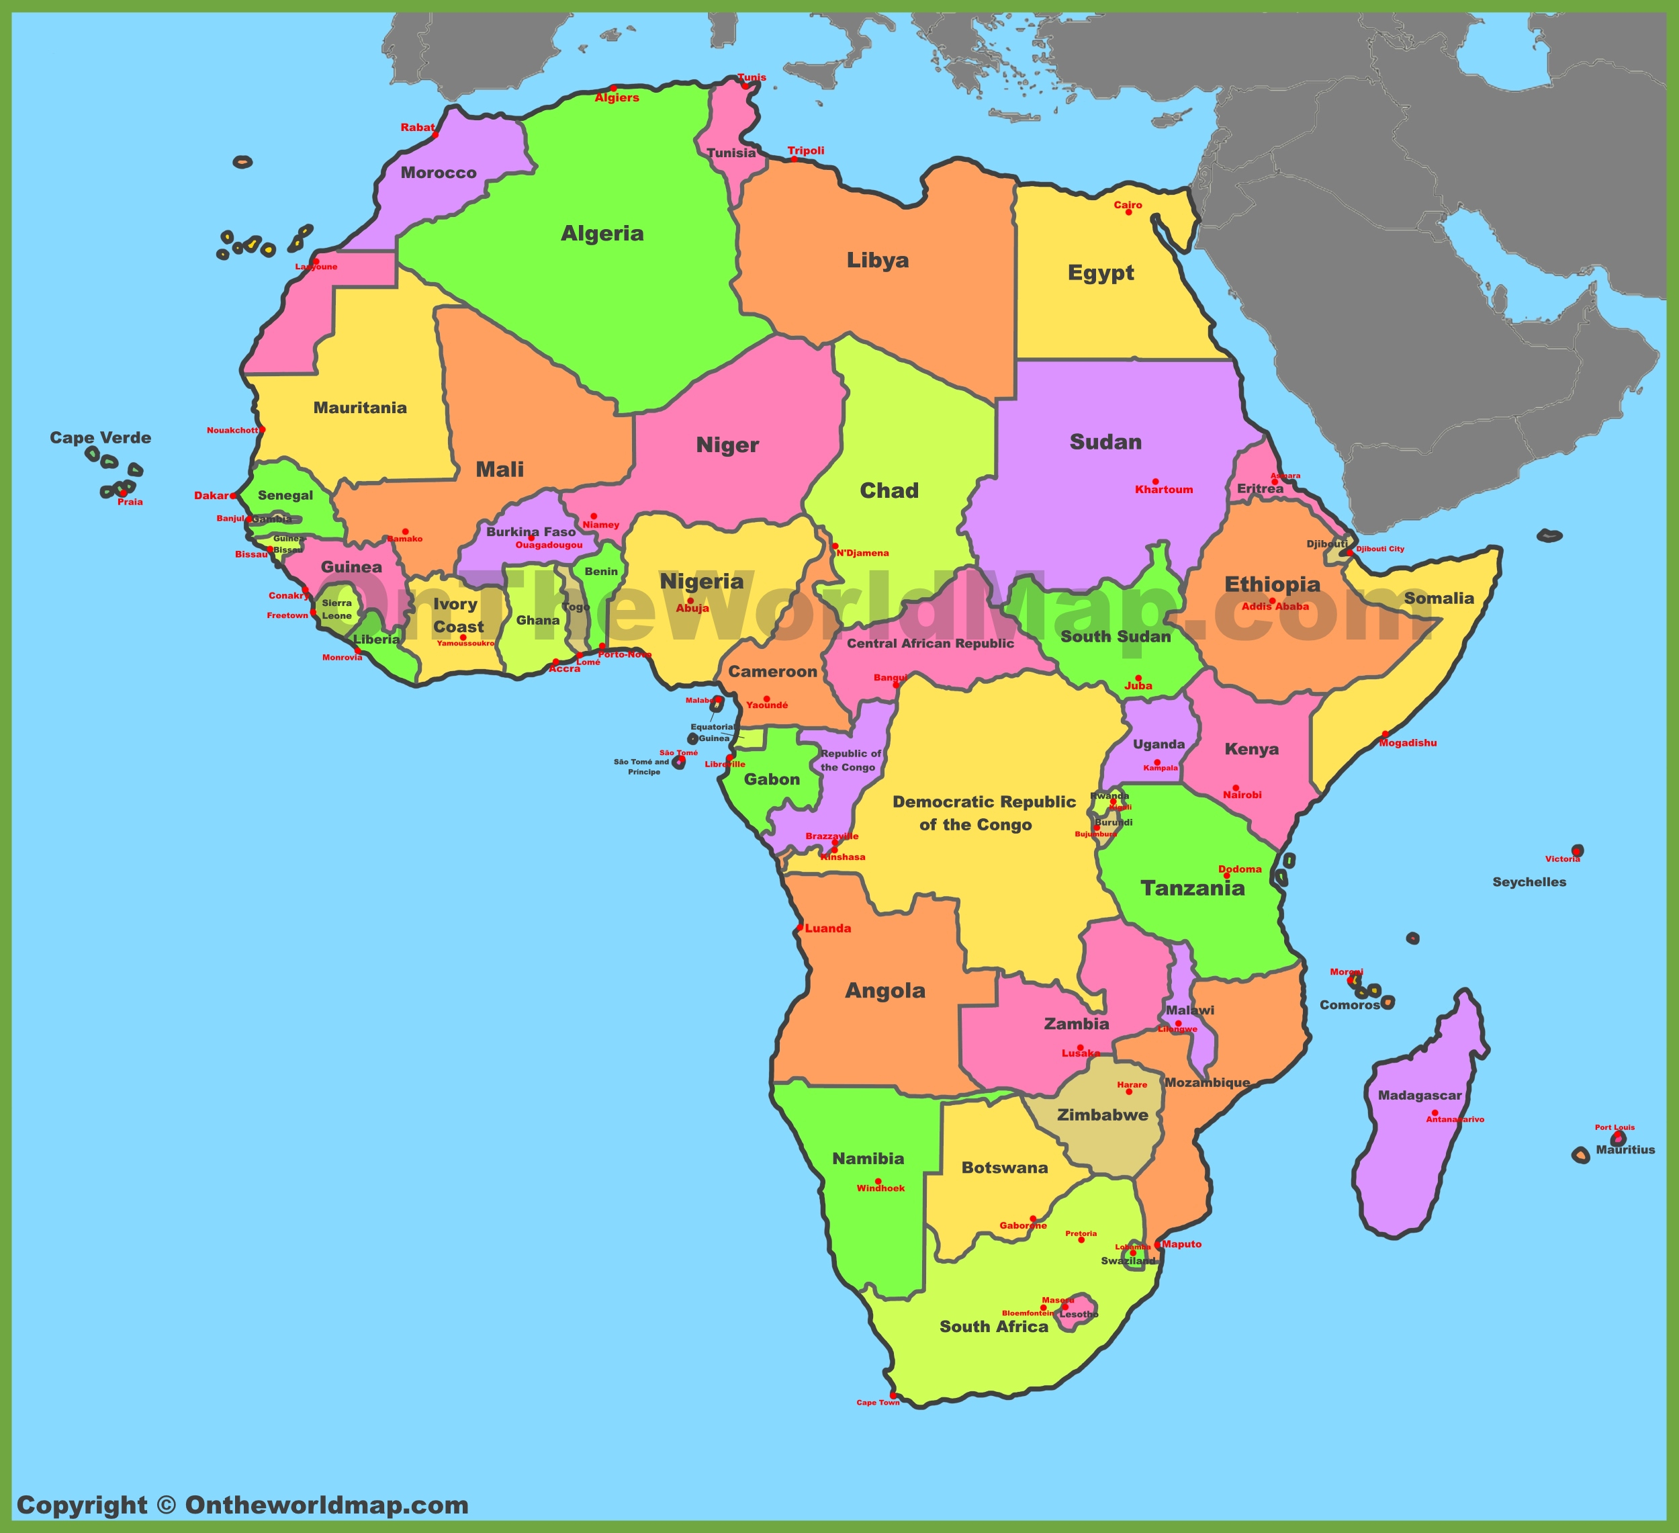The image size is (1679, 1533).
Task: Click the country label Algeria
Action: (x=602, y=233)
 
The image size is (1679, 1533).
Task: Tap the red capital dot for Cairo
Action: (x=1128, y=212)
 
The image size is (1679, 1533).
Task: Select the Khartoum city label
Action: (x=1163, y=490)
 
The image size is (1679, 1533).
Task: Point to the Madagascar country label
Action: (x=1419, y=1096)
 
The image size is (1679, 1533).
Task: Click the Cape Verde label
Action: (x=100, y=438)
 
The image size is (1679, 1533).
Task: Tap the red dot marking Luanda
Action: (x=799, y=927)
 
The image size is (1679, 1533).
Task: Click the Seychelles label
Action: (x=1529, y=882)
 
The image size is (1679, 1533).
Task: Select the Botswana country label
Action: (x=1005, y=1168)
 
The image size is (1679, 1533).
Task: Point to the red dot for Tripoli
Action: (x=794, y=159)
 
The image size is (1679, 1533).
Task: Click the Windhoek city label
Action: (x=880, y=1188)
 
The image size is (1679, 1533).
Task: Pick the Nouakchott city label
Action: (x=232, y=431)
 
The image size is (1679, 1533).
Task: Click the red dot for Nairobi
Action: (x=1235, y=787)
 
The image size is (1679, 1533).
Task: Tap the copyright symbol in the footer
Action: (x=167, y=1505)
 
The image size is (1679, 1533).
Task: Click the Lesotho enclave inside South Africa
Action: (x=1077, y=1314)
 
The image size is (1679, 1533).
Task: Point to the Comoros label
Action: (x=1349, y=1006)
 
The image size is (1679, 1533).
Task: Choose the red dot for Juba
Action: (x=1138, y=678)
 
